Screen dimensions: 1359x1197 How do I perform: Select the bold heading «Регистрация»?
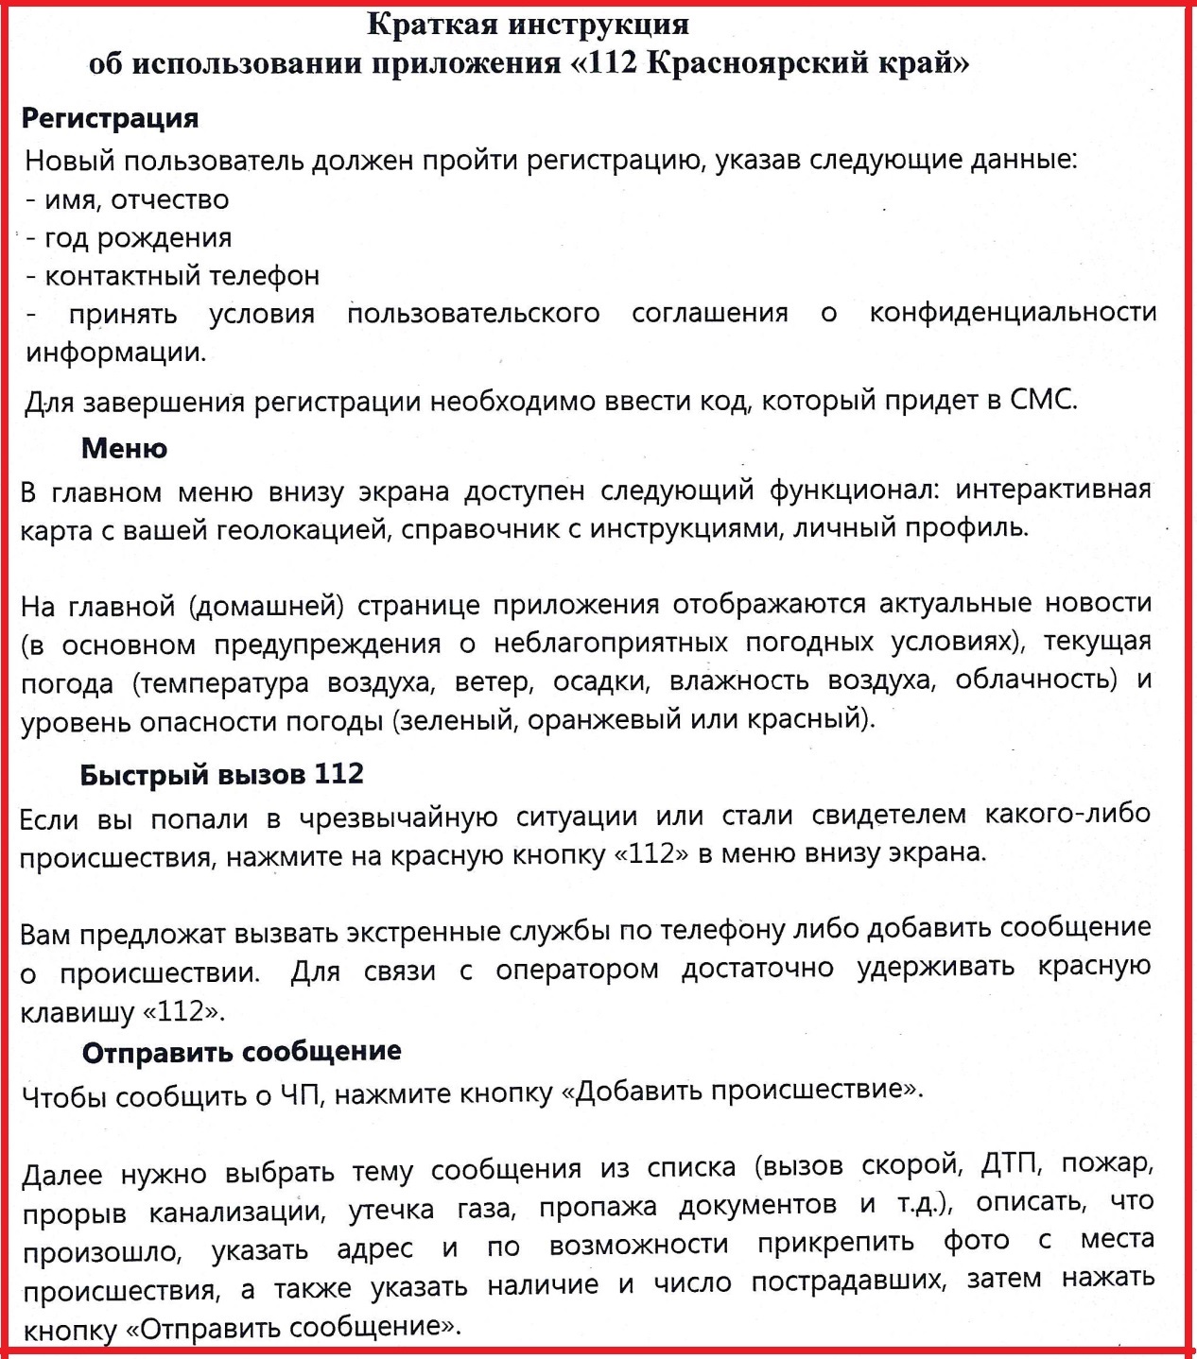[x=110, y=118]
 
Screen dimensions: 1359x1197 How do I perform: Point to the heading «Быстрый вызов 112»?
[x=221, y=774]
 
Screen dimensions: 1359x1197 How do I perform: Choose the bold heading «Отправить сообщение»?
[x=241, y=1051]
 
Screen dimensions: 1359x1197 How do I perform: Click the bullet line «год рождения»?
[x=138, y=237]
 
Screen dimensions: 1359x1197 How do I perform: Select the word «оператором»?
[x=577, y=971]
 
